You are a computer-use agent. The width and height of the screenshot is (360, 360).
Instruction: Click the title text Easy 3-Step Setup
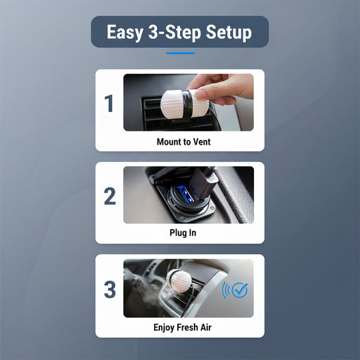tap(179, 32)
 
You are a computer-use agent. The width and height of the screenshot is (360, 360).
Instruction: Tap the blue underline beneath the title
tap(180, 53)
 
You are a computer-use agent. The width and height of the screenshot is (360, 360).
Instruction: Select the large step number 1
tap(109, 104)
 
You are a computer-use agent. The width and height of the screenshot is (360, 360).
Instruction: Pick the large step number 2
tap(109, 196)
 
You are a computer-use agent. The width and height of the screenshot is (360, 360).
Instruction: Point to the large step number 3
tap(109, 289)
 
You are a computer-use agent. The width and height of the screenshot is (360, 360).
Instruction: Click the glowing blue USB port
tap(182, 195)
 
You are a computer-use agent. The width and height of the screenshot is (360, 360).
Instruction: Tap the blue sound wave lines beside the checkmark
tap(225, 289)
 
